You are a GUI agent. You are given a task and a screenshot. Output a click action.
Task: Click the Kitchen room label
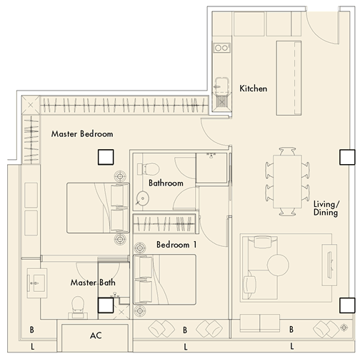pyautogui.click(x=253, y=88)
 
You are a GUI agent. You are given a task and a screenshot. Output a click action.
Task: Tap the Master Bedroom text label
pyautogui.click(x=82, y=134)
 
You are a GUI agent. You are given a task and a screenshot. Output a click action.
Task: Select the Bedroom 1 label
pyautogui.click(x=176, y=245)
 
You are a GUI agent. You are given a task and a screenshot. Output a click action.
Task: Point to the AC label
pyautogui.click(x=96, y=335)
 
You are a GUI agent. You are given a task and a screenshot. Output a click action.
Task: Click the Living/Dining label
pyautogui.click(x=326, y=208)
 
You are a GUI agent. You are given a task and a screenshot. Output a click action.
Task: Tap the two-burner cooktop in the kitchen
pyautogui.click(x=221, y=48)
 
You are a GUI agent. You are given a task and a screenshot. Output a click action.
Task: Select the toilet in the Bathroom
pyautogui.click(x=148, y=169)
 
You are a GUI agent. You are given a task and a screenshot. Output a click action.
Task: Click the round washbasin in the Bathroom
pyautogui.click(x=143, y=198)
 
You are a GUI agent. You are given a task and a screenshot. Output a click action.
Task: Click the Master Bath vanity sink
pyautogui.click(x=36, y=283)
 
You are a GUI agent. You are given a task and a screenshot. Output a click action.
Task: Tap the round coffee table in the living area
pyautogui.click(x=278, y=265)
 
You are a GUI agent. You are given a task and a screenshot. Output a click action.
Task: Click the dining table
pyautogui.click(x=287, y=182)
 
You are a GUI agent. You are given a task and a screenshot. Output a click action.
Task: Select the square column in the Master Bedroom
pyautogui.click(x=106, y=157)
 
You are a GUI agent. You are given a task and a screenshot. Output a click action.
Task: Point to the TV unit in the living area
pyautogui.click(x=329, y=265)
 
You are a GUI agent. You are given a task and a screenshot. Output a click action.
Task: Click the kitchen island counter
pyautogui.click(x=289, y=78)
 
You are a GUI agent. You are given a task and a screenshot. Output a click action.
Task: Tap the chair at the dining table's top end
pyautogui.click(x=287, y=151)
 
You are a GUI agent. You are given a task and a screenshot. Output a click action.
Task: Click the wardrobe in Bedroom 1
pyautogui.click(x=164, y=223)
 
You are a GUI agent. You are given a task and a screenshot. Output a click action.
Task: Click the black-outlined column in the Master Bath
pyautogui.click(x=106, y=305)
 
